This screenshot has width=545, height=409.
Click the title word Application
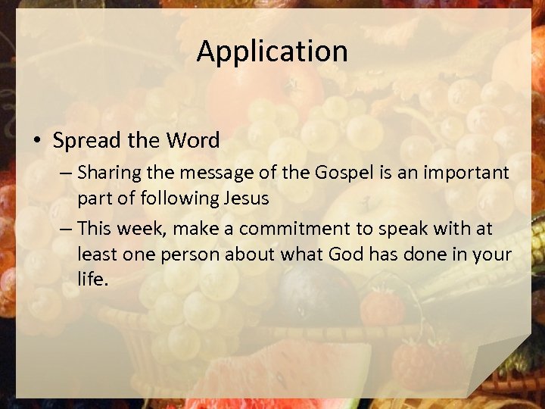[x=272, y=52]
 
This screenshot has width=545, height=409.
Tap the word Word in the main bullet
[x=193, y=140]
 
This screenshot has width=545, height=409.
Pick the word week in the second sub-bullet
[x=136, y=229]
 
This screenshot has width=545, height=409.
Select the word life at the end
[x=92, y=278]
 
